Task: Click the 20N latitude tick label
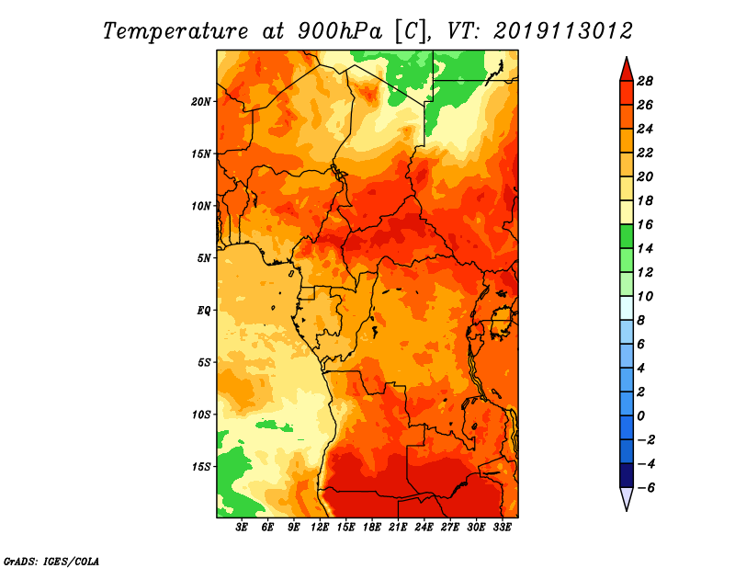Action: (x=200, y=102)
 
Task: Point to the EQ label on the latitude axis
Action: (x=203, y=311)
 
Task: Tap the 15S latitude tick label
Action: (x=201, y=467)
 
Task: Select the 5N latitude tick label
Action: (x=203, y=258)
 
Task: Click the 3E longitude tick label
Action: (x=241, y=528)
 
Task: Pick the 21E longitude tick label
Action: (x=398, y=528)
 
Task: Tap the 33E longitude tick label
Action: (x=502, y=528)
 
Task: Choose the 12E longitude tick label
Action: (x=319, y=528)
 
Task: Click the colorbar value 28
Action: (x=645, y=81)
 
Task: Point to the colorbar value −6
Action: (x=645, y=488)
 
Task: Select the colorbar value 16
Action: (x=645, y=224)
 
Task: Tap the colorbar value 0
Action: (x=641, y=416)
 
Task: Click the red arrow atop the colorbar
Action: (x=627, y=71)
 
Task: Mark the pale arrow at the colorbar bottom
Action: (x=627, y=497)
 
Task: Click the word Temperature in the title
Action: (x=175, y=31)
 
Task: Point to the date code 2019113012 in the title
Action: (x=563, y=31)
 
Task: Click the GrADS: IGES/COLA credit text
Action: (x=51, y=561)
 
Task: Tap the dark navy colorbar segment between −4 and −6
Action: (x=627, y=475)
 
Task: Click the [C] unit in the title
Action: (x=411, y=31)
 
